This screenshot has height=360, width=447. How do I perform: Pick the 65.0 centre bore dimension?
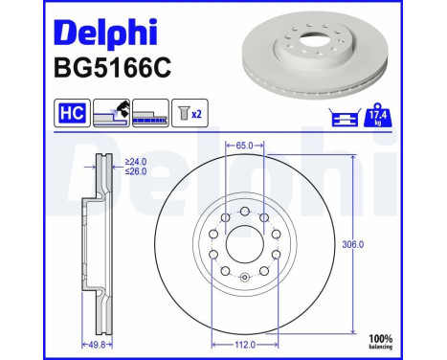[243, 146]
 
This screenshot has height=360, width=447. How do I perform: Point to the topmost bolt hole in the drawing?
[243, 212]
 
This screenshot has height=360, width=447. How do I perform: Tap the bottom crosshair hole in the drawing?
[243, 278]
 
